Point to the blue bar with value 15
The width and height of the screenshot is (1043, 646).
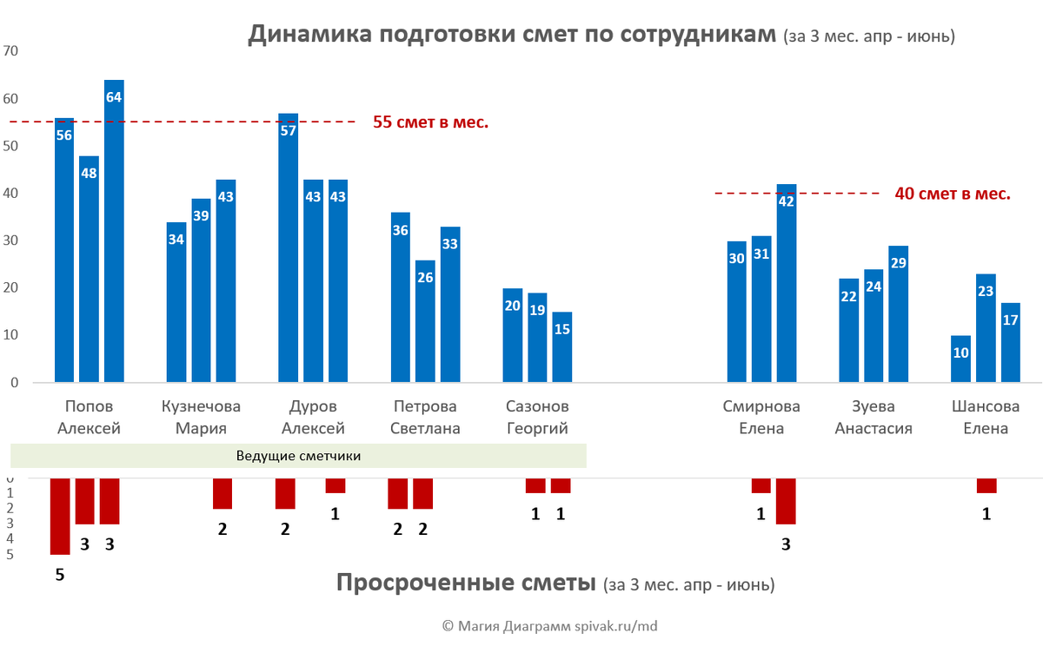[561, 347]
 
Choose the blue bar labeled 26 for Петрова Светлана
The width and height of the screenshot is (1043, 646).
[425, 321]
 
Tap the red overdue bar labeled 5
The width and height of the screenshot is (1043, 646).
[60, 516]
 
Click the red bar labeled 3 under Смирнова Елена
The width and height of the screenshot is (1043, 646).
[786, 501]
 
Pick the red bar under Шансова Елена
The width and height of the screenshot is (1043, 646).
[986, 485]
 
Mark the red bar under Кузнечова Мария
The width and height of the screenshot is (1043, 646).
[223, 493]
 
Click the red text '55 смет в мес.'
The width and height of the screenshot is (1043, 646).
[430, 122]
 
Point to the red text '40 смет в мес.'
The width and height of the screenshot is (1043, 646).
[952, 194]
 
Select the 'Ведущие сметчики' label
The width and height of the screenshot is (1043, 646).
[298, 456]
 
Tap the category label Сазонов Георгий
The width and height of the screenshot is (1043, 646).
[536, 417]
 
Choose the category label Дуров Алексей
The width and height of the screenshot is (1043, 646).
[313, 417]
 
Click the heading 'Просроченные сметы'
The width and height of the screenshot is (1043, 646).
[465, 583]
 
